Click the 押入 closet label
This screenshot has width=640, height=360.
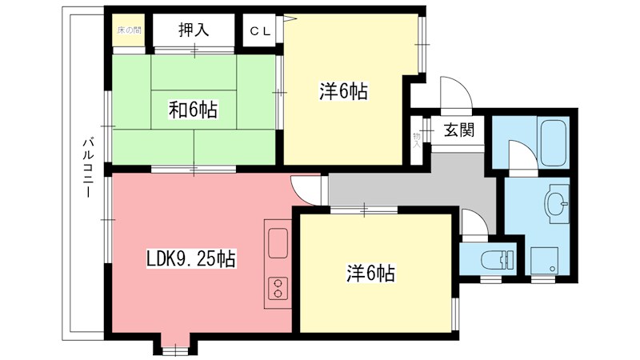click(x=193, y=31)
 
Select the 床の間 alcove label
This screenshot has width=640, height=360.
click(x=129, y=31)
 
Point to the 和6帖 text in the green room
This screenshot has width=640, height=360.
click(x=192, y=110)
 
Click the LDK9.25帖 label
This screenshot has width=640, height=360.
click(x=190, y=258)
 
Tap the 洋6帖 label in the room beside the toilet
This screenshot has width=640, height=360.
click(x=370, y=273)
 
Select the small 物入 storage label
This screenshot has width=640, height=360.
click(x=417, y=139)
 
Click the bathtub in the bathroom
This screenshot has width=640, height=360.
click(x=552, y=141)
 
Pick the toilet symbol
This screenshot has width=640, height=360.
click(x=497, y=258)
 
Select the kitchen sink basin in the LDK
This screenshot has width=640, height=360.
click(x=278, y=242)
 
